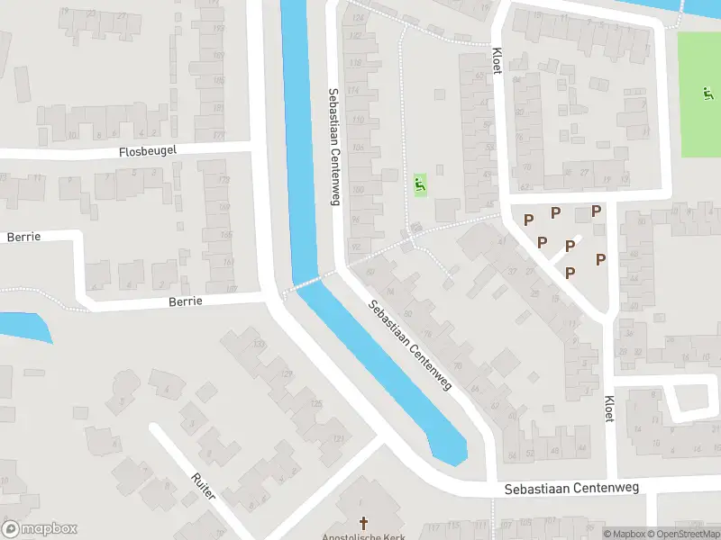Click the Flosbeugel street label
[148, 153]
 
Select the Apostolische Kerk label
[364, 536]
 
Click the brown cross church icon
[364, 522]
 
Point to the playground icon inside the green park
[707, 93]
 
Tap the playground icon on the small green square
[420, 185]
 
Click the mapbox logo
[40, 529]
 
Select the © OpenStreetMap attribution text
[682, 534]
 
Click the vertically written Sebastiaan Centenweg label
[333, 147]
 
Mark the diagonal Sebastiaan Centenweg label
[410, 345]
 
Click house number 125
[315, 404]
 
